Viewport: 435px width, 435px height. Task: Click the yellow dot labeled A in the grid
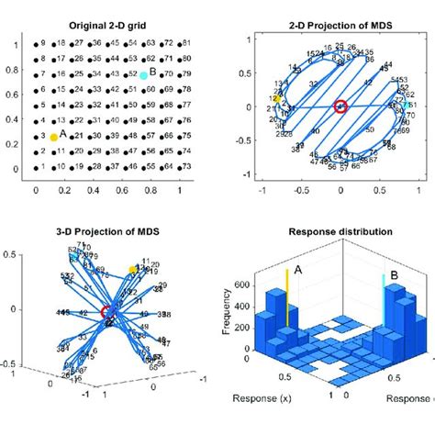[53, 136]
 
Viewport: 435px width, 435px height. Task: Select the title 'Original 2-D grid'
[107, 25]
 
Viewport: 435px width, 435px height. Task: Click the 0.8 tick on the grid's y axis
[12, 68]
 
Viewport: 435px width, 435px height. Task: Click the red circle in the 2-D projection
[340, 107]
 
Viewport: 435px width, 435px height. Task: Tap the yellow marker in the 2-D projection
[274, 98]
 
